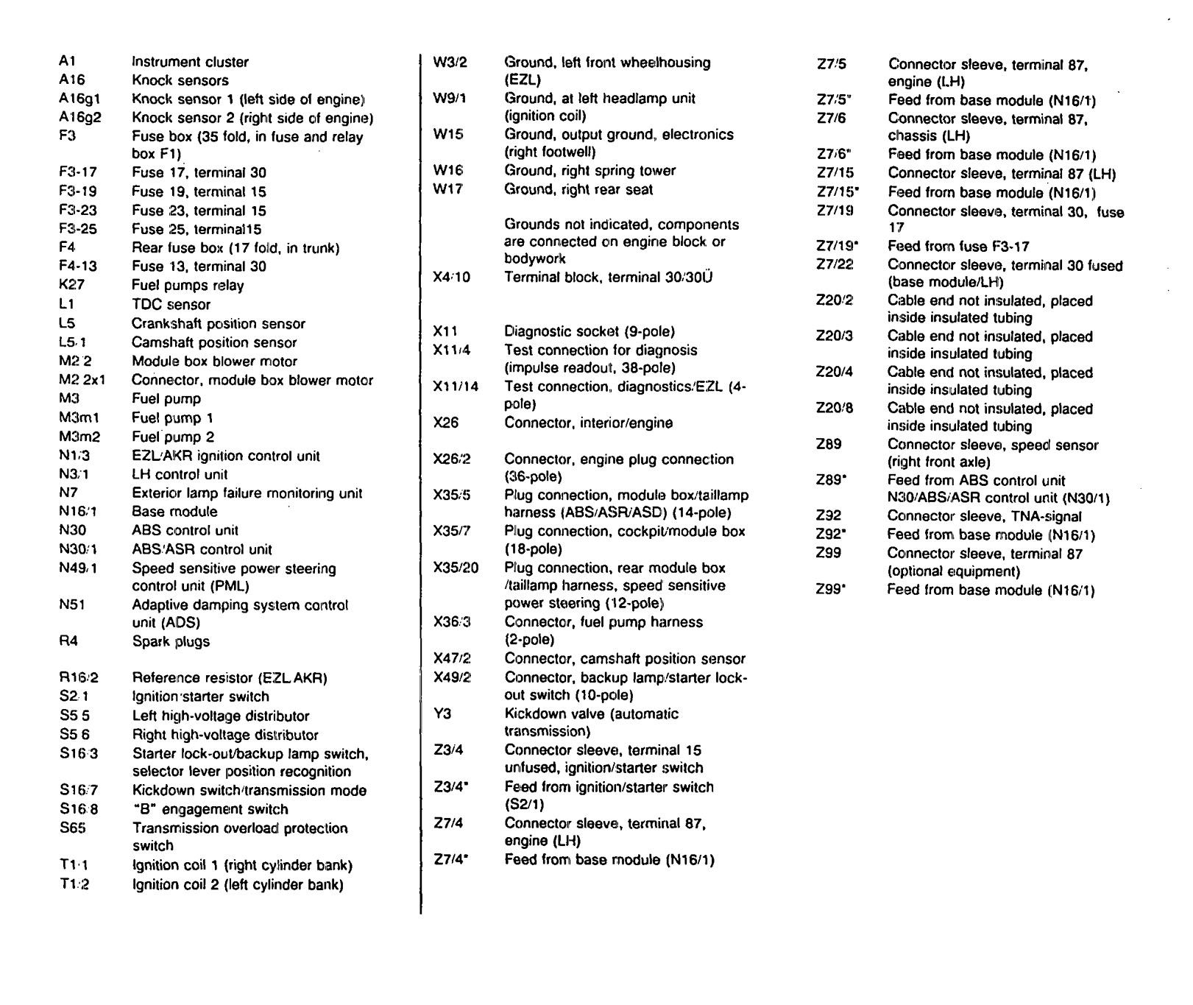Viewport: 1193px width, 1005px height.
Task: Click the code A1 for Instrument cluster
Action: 67,62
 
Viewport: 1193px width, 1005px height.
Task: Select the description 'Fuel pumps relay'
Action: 188,286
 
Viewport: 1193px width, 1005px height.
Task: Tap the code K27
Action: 71,285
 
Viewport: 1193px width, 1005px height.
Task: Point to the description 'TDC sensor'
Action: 171,305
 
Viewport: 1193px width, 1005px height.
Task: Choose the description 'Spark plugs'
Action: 171,641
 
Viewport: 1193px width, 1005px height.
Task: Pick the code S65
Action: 73,828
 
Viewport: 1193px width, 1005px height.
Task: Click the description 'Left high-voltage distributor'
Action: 221,716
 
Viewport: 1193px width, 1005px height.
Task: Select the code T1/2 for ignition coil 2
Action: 74,884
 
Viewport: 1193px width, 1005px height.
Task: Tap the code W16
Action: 448,171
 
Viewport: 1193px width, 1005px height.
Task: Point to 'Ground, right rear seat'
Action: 578,190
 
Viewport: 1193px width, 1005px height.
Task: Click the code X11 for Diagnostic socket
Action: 445,332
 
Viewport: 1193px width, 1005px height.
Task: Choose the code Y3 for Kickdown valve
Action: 441,713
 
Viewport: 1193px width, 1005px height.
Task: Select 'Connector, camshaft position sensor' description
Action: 625,659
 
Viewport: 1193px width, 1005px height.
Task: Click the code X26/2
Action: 452,459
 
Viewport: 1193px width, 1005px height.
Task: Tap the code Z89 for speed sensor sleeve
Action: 829,445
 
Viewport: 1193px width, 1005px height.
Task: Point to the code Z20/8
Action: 835,409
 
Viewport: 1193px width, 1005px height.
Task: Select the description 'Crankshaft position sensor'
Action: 218,324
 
